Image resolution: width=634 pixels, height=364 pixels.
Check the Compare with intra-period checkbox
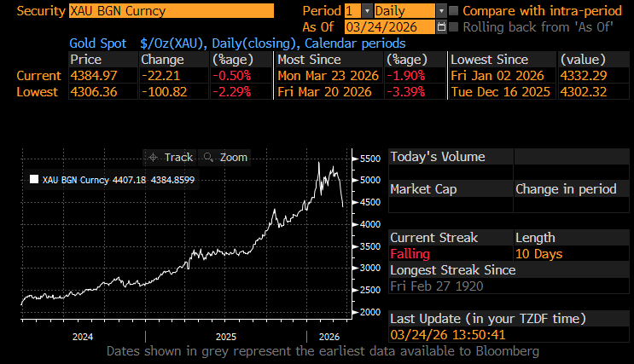click(x=454, y=11)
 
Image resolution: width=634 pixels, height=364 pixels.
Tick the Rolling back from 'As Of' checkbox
click(x=454, y=26)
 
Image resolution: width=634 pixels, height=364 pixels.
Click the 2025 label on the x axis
click(x=225, y=337)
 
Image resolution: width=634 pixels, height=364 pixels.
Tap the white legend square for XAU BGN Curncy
click(x=33, y=180)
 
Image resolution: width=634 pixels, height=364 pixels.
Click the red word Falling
click(x=410, y=254)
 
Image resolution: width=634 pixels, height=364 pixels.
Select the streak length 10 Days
click(x=539, y=254)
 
